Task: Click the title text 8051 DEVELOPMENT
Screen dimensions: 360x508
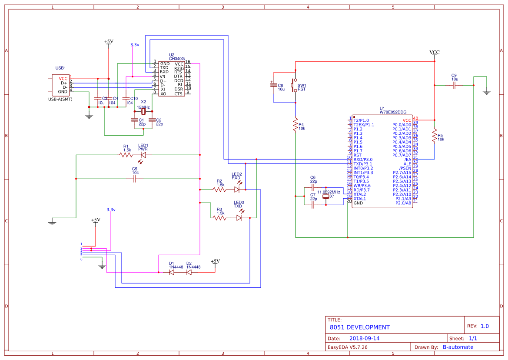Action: [x=359, y=327]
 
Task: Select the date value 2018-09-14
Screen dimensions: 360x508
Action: [x=364, y=338]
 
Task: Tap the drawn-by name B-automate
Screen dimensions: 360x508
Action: [x=458, y=347]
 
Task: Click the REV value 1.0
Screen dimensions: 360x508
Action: [x=485, y=326]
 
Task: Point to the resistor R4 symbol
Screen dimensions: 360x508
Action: [x=296, y=124]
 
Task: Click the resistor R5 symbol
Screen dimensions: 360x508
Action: [x=435, y=136]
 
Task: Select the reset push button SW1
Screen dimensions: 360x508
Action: [x=296, y=86]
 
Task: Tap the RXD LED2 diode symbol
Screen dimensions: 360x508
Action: [x=237, y=190]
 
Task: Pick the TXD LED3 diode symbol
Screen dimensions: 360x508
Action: [x=239, y=218]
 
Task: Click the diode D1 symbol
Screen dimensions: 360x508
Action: [x=172, y=272]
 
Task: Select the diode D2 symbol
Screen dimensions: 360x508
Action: [x=189, y=272]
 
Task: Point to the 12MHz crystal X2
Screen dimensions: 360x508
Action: [x=143, y=112]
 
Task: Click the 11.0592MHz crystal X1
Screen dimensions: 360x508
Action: [x=327, y=197]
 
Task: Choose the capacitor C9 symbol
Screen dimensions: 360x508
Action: [x=454, y=86]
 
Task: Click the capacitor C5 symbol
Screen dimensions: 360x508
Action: [x=135, y=179]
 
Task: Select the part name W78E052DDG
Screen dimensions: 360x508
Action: [x=393, y=112]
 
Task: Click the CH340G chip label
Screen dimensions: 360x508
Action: [x=177, y=59]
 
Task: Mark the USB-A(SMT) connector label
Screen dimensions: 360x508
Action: [x=60, y=100]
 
